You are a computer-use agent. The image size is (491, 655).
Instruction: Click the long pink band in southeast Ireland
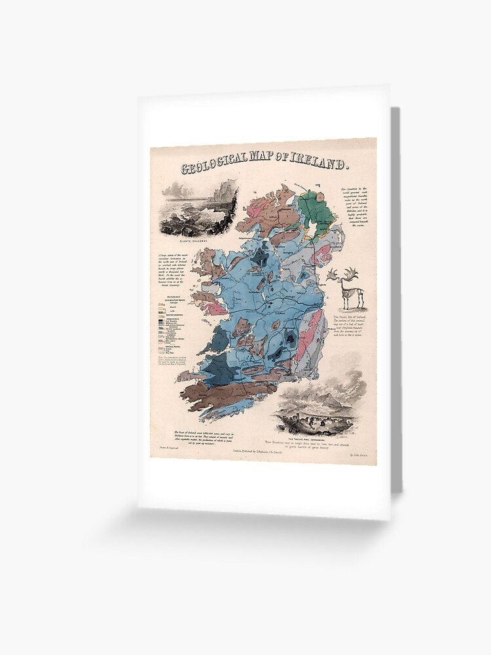[x=310, y=337]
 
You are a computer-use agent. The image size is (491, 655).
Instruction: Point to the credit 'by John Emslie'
[x=360, y=453]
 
